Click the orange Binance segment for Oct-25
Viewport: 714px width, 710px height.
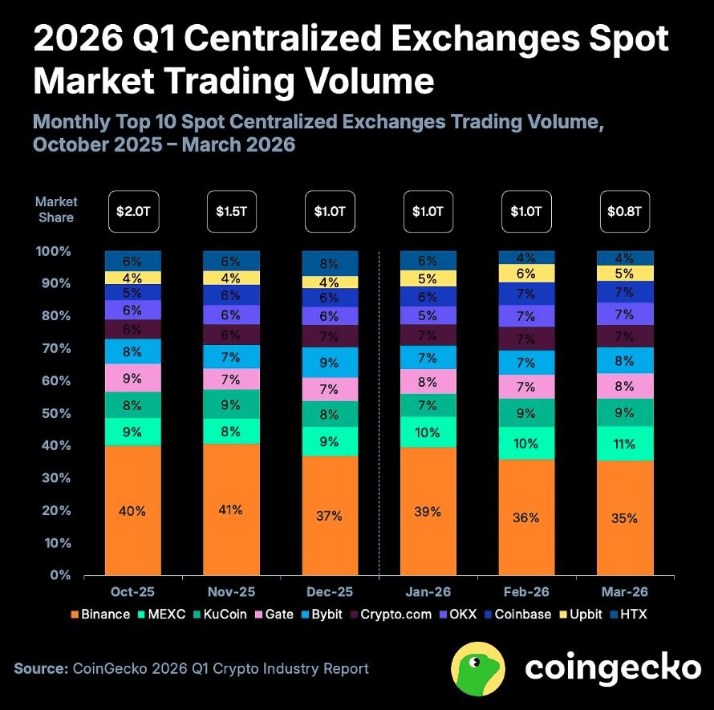point(132,510)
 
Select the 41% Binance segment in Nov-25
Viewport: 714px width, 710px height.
point(231,509)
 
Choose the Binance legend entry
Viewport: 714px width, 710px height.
point(100,615)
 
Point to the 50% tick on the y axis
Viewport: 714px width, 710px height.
point(55,413)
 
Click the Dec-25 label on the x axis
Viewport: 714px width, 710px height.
point(329,591)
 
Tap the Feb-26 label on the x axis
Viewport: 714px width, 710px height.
point(525,591)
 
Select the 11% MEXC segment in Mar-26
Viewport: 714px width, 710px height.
point(624,444)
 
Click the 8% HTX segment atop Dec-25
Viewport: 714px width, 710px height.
point(329,262)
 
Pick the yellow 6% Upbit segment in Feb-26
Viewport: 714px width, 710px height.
point(525,274)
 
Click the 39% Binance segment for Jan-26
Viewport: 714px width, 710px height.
point(428,511)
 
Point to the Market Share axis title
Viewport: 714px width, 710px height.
point(55,210)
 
